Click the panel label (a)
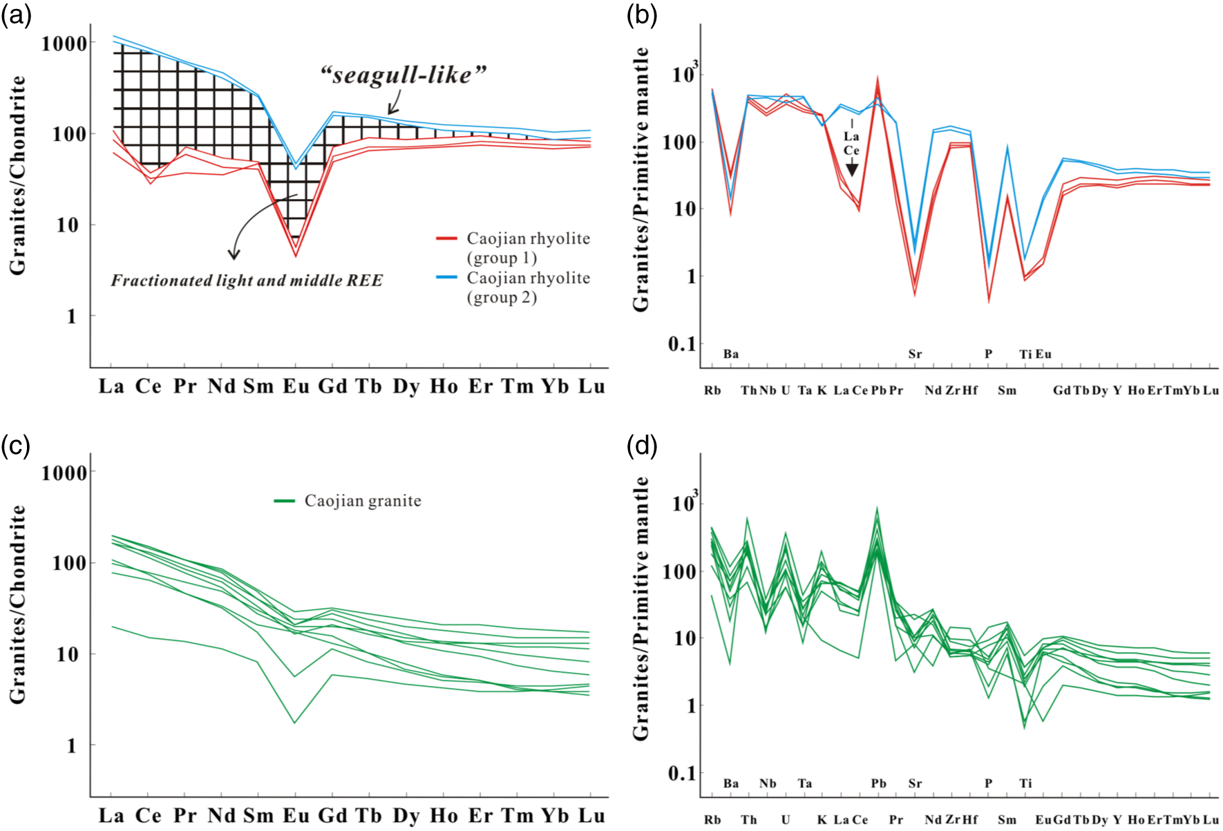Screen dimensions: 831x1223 pos(16,15)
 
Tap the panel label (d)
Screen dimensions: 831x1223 pos(642,446)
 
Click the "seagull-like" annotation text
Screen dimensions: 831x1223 pos(404,75)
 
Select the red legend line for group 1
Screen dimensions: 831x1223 pos(446,238)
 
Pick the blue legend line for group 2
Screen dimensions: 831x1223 pos(446,278)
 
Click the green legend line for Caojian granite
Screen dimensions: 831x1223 pos(285,501)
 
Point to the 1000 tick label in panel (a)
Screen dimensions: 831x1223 pos(64,44)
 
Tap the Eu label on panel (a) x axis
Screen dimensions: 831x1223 pos(296,386)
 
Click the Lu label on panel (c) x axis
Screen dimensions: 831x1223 pos(591,816)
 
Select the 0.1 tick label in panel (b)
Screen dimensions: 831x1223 pos(682,343)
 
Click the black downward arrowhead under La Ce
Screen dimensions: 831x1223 pos(852,169)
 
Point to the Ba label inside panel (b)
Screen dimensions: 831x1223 pos(731,354)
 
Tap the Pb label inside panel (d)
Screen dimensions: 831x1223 pos(878,783)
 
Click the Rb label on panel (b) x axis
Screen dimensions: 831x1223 pos(712,390)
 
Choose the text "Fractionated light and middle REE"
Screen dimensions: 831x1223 pos(247,280)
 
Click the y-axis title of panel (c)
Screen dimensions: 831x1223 pos(18,604)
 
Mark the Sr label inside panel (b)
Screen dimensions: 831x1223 pos(915,354)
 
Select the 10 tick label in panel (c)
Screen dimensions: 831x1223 pos(68,654)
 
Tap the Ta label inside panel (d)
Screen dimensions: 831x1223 pos(804,783)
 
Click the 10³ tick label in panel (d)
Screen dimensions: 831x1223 pos(685,502)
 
